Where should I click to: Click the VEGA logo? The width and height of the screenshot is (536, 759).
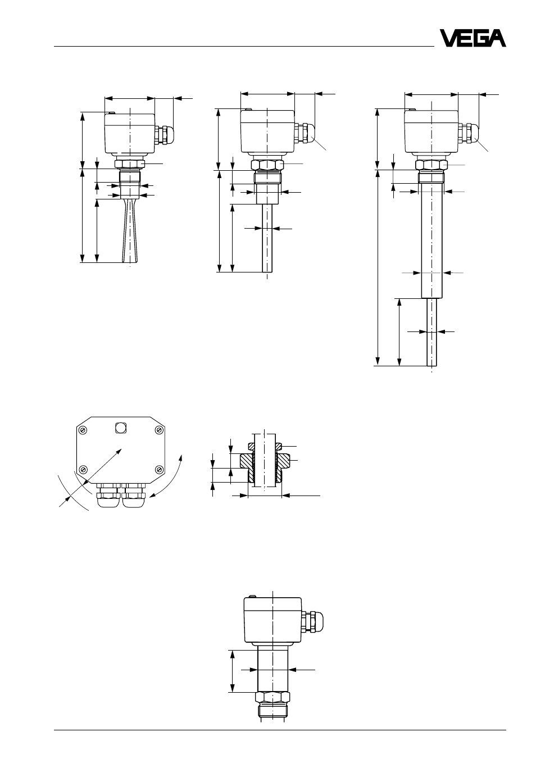pos(473,38)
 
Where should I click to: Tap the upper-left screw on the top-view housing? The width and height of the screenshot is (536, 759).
pos(83,430)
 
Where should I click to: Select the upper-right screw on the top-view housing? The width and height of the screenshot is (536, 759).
pos(158,430)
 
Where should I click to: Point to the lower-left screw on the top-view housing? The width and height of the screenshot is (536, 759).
pos(83,469)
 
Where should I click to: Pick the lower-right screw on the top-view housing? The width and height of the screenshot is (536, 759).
pos(158,469)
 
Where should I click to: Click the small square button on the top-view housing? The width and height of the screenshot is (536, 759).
pos(121,428)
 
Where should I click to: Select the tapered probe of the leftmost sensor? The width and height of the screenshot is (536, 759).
pos(130,230)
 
